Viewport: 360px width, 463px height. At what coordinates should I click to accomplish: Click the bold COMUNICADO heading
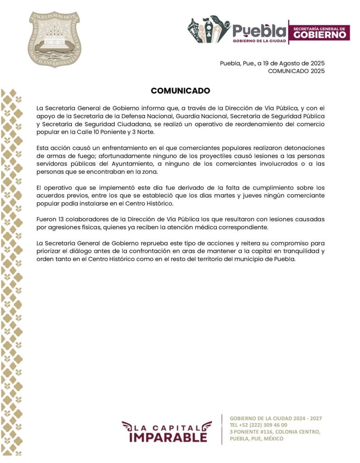point(180,90)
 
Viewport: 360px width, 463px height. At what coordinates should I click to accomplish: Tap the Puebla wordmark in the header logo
point(260,31)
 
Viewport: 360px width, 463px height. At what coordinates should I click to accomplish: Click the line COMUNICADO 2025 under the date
point(296,71)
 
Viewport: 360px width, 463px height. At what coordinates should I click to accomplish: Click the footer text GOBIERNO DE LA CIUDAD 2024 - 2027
point(275,418)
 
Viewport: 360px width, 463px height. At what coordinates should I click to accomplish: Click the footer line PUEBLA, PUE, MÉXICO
point(256,439)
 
